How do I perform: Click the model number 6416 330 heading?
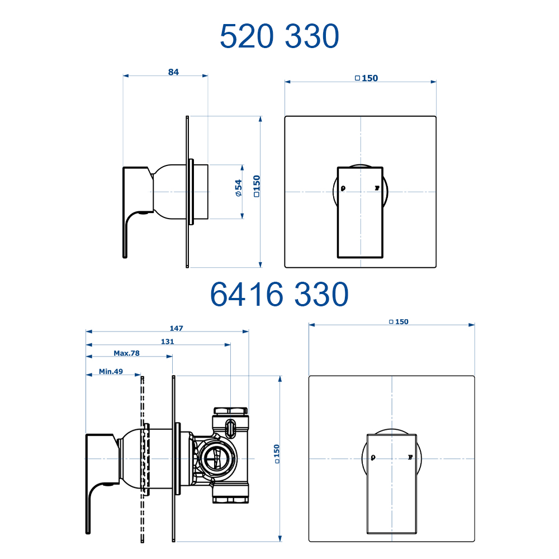click(x=279, y=294)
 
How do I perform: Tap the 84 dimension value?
click(x=173, y=72)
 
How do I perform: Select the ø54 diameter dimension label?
click(x=239, y=188)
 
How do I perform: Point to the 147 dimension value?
click(x=176, y=328)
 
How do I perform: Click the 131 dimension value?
click(x=167, y=342)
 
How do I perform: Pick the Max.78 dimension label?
click(x=126, y=353)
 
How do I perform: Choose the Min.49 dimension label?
click(x=111, y=371)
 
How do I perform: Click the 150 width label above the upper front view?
click(x=367, y=78)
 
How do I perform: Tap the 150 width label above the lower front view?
click(x=399, y=321)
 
